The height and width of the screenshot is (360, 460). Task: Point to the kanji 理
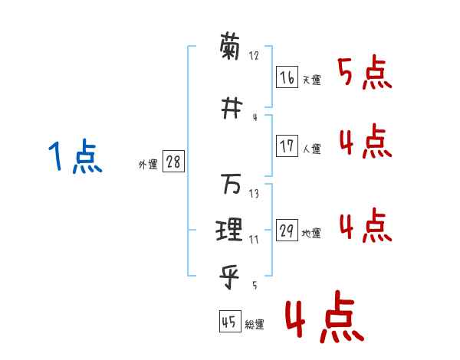point(231,228)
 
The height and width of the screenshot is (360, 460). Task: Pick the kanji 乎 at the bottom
point(231,272)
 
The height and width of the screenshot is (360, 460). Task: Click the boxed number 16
point(287,77)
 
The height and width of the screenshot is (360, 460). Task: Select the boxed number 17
point(287,147)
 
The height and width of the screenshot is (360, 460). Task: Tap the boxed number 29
point(287,231)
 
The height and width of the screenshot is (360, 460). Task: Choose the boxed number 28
point(173,162)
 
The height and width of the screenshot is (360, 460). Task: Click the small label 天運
point(311,80)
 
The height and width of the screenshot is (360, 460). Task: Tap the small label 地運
point(311,234)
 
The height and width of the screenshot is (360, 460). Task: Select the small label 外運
point(147,165)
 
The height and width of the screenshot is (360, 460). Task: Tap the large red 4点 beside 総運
point(322,319)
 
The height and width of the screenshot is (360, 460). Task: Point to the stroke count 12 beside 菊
point(254,56)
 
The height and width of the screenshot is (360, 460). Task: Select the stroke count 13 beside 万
point(254,194)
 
